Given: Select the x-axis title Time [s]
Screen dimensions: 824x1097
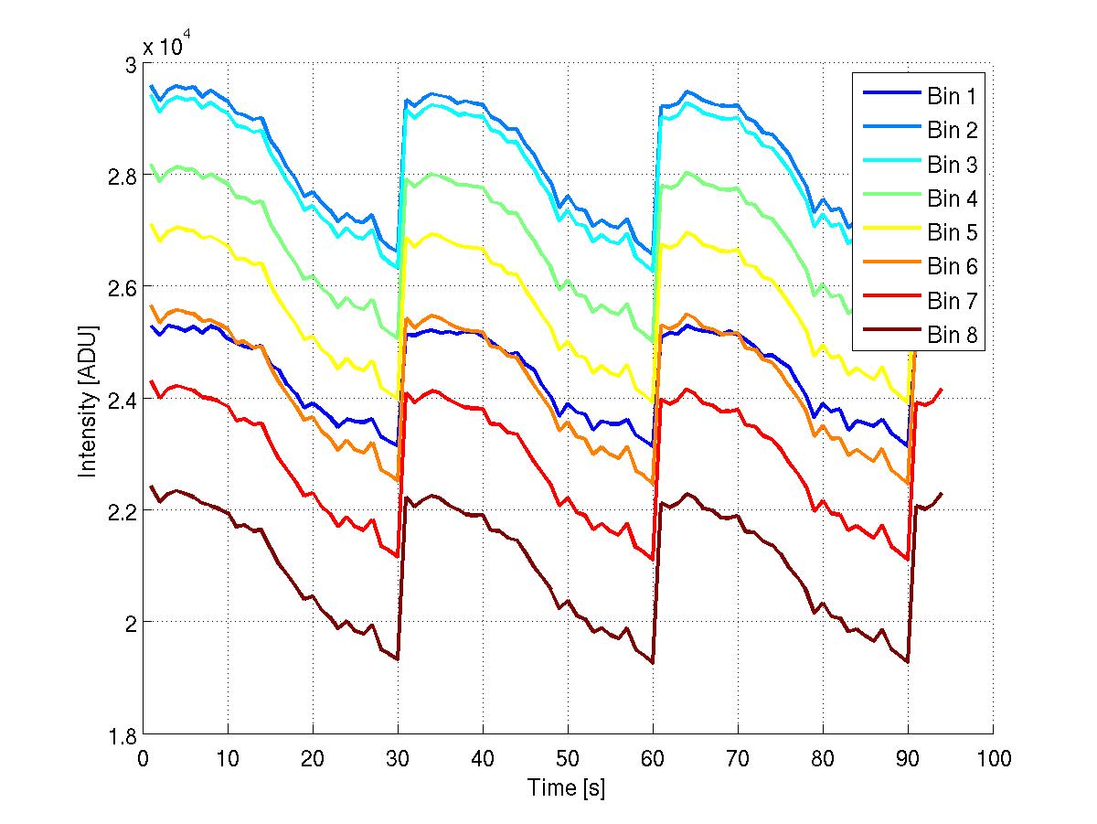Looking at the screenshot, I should pyautogui.click(x=567, y=787).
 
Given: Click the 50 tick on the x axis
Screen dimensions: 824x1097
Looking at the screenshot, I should pyautogui.click(x=568, y=759).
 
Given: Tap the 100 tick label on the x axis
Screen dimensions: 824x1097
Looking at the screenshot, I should pyautogui.click(x=993, y=759).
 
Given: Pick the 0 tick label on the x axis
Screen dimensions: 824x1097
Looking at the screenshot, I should pyautogui.click(x=144, y=759).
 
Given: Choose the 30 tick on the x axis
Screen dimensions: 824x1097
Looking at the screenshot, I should pyautogui.click(x=398, y=759).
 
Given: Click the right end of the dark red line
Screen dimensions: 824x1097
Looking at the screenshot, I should pyautogui.click(x=942, y=494).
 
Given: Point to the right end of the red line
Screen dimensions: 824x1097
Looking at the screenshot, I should pyautogui.click(x=942, y=390).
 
